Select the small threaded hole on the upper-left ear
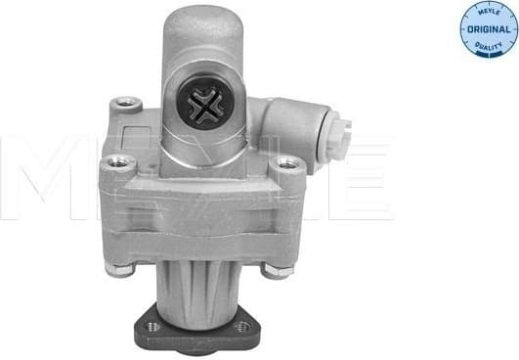pyautogui.click(x=123, y=101)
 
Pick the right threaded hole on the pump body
pyautogui.click(x=285, y=164)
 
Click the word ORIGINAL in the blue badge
pyautogui.click(x=485, y=31)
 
